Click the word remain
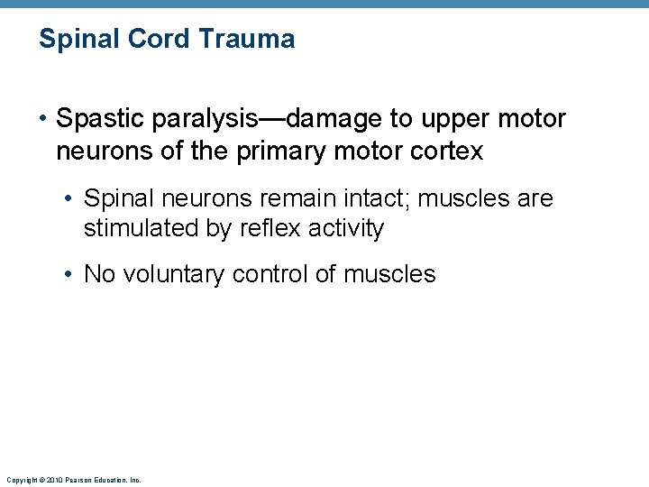tap(311, 198)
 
